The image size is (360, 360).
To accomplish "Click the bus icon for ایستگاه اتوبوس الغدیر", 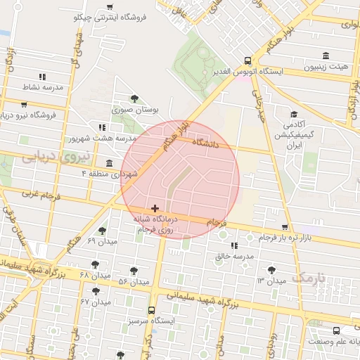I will (x=247, y=60).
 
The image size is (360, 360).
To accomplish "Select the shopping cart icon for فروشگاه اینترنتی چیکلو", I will (x=109, y=6).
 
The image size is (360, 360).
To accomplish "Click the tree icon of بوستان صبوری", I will (x=134, y=98).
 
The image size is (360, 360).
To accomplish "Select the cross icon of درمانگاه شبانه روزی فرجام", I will (x=155, y=208).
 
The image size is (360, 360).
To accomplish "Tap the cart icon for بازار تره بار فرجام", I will (x=284, y=227).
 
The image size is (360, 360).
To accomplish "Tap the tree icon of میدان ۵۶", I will (x=134, y=270).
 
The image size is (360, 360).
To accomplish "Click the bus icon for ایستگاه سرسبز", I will (x=151, y=309).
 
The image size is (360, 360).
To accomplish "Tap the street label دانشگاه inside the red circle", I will (x=221, y=143).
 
